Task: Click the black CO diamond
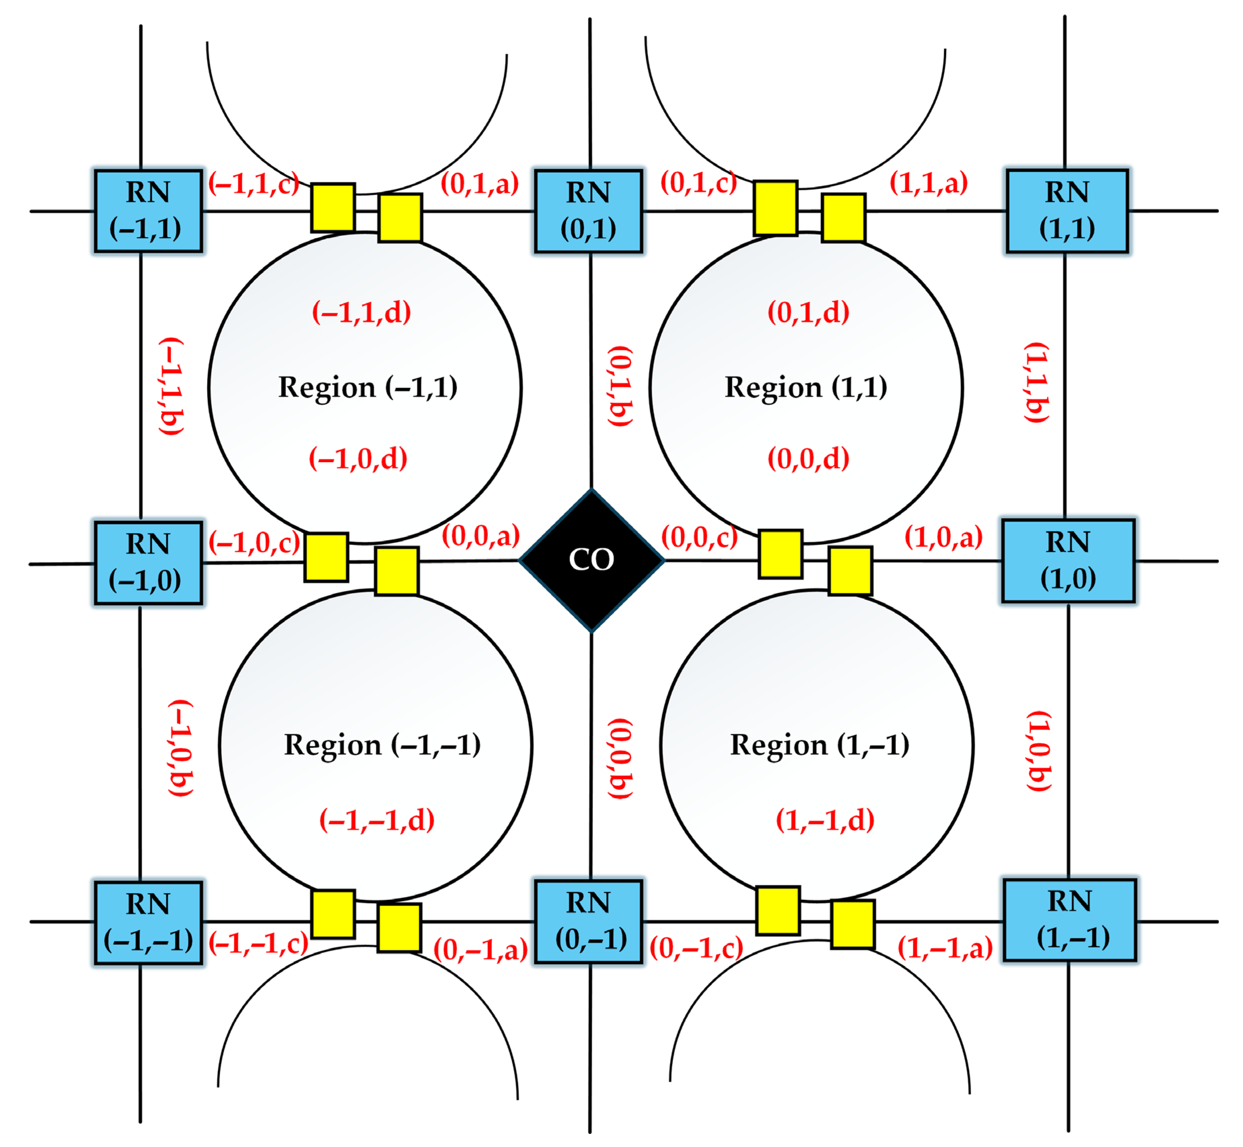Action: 591,560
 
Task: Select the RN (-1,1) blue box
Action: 148,211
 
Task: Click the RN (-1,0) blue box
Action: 148,562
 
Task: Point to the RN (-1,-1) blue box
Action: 148,922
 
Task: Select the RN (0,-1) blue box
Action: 588,921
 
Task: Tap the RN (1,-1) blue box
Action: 1069,920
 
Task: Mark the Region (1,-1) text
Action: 820,745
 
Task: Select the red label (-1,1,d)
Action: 361,312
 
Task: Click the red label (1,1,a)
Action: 928,183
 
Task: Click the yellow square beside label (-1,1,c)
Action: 333,207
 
